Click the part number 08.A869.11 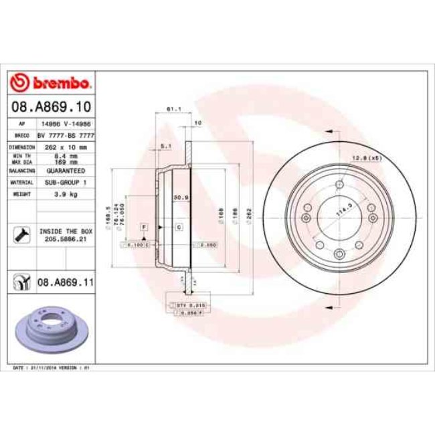tap(66, 283)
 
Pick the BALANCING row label tap(21, 171)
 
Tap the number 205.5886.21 tap(66, 237)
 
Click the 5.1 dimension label tap(166, 145)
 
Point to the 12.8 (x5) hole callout tap(365, 158)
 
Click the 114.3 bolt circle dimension tap(345, 208)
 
